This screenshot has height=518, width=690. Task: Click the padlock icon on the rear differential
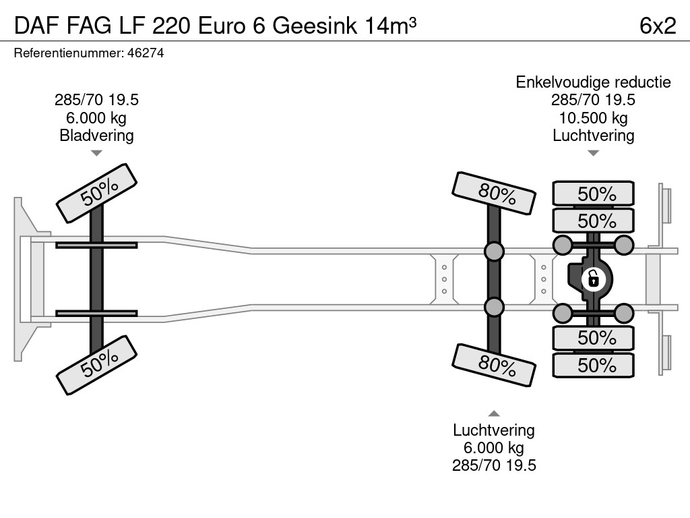click(x=593, y=278)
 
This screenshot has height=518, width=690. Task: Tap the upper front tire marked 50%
click(x=98, y=193)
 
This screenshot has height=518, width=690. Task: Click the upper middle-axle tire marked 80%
click(x=495, y=193)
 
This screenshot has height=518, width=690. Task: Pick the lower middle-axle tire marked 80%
click(x=495, y=365)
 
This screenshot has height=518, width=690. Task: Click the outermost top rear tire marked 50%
click(x=594, y=194)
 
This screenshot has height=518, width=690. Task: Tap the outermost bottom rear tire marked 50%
click(x=594, y=365)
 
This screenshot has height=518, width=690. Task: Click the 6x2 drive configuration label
click(x=658, y=25)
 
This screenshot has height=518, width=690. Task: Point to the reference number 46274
click(x=146, y=53)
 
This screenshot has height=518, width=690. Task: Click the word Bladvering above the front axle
click(x=97, y=135)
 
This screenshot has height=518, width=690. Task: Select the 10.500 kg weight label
click(x=594, y=118)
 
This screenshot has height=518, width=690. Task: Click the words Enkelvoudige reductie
click(x=594, y=82)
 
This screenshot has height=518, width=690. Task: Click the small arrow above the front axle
click(x=97, y=153)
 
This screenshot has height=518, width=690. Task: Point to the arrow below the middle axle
click(x=494, y=413)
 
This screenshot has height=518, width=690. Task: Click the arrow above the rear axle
click(x=594, y=153)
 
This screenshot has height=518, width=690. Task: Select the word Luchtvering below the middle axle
click(x=494, y=430)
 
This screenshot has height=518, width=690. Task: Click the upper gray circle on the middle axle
click(x=495, y=252)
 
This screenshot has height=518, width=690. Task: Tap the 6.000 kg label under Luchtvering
click(x=494, y=448)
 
